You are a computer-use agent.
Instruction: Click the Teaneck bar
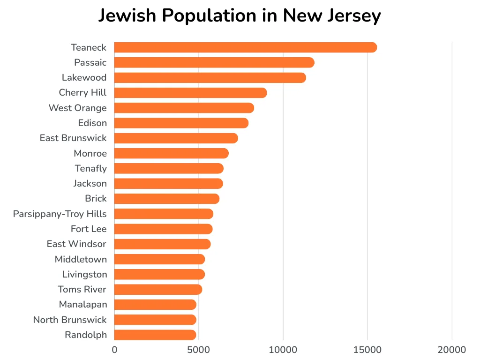245,47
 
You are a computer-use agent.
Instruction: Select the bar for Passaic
214,62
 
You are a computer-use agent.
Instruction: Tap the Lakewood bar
210,78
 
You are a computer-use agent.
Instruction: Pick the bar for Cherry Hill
190,93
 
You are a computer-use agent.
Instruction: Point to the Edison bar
181,123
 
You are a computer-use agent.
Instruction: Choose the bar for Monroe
171,153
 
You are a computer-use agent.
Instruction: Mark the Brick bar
166,199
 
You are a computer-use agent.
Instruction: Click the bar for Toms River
158,289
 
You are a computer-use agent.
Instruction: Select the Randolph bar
155,335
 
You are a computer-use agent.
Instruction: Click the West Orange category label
78,108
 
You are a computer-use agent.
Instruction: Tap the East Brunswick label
73,138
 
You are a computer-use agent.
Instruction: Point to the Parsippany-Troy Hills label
60,214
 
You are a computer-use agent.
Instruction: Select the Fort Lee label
89,229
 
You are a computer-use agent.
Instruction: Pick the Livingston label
84,274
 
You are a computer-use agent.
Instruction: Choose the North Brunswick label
70,320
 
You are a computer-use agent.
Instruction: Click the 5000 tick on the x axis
198,350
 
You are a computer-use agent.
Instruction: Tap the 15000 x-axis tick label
367,350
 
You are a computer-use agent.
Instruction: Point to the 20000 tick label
452,350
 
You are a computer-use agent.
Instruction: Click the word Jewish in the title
127,15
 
